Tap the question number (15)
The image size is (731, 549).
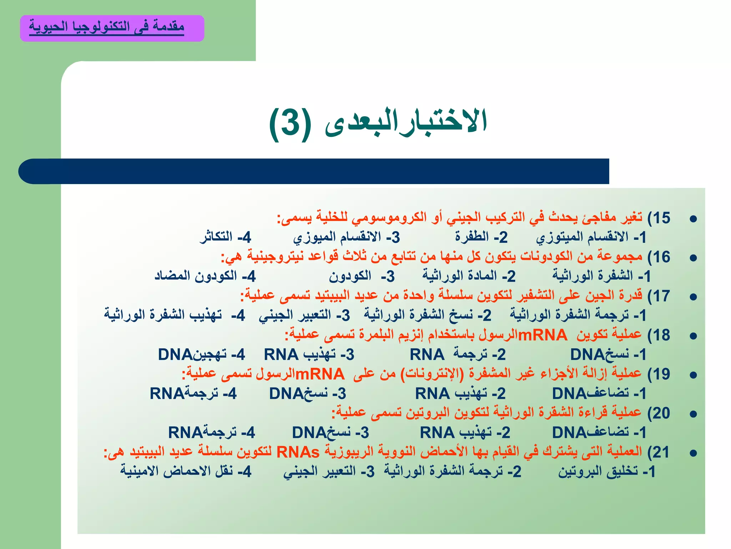659,218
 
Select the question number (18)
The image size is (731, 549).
659,335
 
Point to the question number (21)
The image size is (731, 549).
659,452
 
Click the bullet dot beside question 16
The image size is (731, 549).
693,258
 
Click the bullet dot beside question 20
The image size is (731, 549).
693,414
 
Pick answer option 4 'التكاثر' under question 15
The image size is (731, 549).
225,237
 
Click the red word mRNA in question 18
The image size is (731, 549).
542,335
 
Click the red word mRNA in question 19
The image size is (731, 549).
320,374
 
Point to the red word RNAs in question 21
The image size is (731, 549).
298,452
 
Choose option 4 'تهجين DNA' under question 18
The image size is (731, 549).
201,355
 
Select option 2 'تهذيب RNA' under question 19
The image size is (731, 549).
460,394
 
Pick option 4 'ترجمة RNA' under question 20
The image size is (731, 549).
211,432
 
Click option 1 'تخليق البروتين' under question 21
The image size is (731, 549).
607,471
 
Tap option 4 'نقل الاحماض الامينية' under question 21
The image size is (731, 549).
186,471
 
